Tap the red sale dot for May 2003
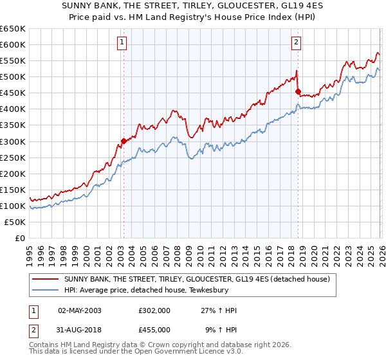click(124, 141)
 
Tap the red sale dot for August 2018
click(298, 91)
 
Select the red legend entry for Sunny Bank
click(197, 279)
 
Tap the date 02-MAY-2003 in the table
click(80, 310)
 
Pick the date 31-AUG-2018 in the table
click(80, 330)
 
